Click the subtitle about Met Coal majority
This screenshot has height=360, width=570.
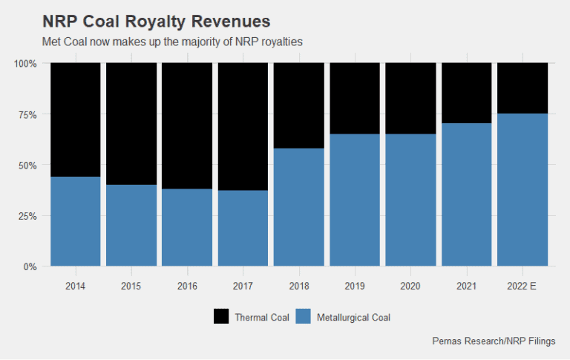pos(173,42)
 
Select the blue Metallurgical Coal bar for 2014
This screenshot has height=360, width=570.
pos(75,221)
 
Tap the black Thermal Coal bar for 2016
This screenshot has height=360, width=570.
pos(187,125)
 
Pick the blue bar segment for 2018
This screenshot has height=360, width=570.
pos(299,207)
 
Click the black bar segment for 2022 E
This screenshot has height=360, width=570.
pos(522,88)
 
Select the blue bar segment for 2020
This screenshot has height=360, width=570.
pos(410,200)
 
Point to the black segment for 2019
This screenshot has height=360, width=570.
pos(355,98)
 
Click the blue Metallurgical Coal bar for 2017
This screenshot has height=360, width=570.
pos(243,228)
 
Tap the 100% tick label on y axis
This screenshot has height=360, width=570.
pos(25,64)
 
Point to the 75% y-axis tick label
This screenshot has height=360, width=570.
pos(27,114)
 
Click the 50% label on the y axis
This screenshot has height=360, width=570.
pos(27,165)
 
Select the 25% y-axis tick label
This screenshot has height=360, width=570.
pos(27,216)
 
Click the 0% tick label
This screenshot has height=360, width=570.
pos(30,266)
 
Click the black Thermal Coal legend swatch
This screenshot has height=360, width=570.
pos(221,317)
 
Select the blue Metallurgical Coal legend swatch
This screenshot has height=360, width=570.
pos(303,317)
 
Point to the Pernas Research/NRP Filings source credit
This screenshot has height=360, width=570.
pos(494,342)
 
